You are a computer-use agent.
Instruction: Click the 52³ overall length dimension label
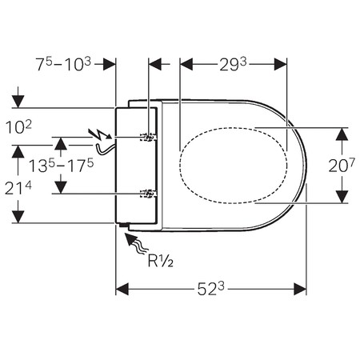(x=210, y=289)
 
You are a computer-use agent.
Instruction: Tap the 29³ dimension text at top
(x=233, y=65)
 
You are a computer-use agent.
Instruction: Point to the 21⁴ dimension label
(x=18, y=188)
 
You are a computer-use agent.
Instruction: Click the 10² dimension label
(x=18, y=127)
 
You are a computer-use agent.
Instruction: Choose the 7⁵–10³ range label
(x=63, y=64)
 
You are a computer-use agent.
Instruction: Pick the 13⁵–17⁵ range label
(x=61, y=165)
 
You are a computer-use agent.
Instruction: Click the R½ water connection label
(x=161, y=261)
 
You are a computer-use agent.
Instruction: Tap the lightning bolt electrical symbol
(x=100, y=134)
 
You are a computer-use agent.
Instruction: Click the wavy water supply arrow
(x=135, y=242)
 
